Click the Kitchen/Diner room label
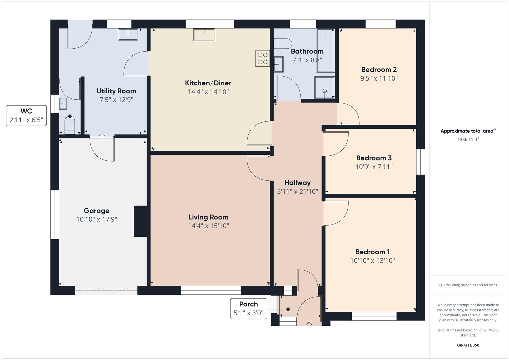pyautogui.click(x=208, y=83)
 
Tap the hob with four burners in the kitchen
pyautogui.click(x=263, y=58)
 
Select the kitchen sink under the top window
pyautogui.click(x=204, y=35)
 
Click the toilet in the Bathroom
pyautogui.click(x=282, y=44)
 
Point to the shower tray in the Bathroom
pyautogui.click(x=324, y=88)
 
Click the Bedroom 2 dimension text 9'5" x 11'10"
pyautogui.click(x=379, y=78)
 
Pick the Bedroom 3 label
pyautogui.click(x=374, y=158)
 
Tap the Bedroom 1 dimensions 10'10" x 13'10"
pyautogui.click(x=372, y=261)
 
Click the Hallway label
pyautogui.click(x=297, y=183)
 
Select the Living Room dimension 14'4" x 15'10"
pyautogui.click(x=208, y=226)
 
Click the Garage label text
pyautogui.click(x=96, y=211)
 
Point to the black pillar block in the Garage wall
pyautogui.click(x=140, y=221)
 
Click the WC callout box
pyautogui.click(x=26, y=116)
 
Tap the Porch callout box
pyautogui.click(x=248, y=308)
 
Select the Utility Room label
pyautogui.click(x=116, y=91)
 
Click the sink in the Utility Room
pyautogui.click(x=128, y=34)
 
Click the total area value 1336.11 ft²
pyautogui.click(x=468, y=140)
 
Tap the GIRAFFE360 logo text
pyautogui.click(x=468, y=345)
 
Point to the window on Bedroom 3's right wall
pyautogui.click(x=421, y=162)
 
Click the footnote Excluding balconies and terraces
pyautogui.click(x=468, y=285)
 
